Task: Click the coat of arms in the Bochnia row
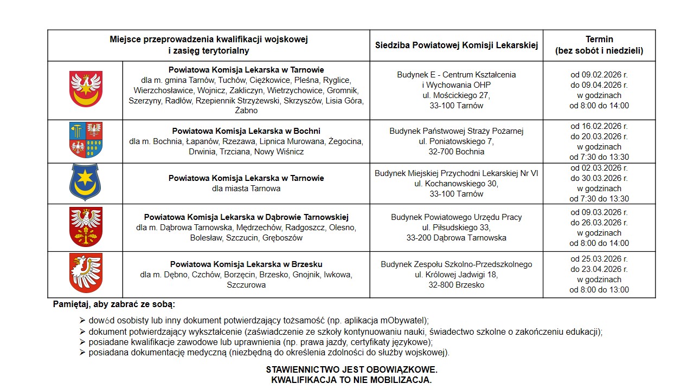click(x=86, y=140)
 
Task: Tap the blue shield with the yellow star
click(x=85, y=183)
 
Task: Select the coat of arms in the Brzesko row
click(x=86, y=274)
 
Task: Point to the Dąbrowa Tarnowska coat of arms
click(x=86, y=227)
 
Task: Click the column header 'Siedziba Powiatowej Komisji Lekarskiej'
click(x=457, y=45)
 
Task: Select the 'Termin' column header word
click(x=599, y=39)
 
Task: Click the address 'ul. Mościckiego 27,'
click(x=457, y=95)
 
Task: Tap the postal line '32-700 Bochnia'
click(x=457, y=152)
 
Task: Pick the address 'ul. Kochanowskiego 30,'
click(x=457, y=184)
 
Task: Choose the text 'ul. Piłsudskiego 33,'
click(x=457, y=227)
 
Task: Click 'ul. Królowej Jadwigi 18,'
click(x=457, y=275)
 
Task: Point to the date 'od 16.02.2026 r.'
click(x=599, y=126)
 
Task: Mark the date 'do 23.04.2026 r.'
click(x=599, y=269)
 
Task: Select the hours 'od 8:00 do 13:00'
click(x=599, y=290)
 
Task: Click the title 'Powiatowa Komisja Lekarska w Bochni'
click(x=246, y=131)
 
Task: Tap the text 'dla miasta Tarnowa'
click(x=246, y=188)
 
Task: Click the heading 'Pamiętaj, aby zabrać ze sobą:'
click(x=114, y=304)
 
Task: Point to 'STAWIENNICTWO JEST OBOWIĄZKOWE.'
click(x=351, y=369)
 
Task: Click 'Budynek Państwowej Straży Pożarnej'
click(x=457, y=131)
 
